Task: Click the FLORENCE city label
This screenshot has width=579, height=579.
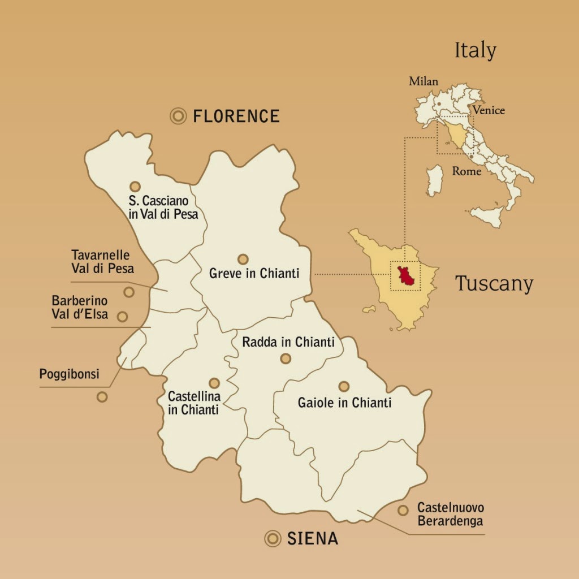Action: coord(236,116)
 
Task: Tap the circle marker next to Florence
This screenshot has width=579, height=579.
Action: coord(178,116)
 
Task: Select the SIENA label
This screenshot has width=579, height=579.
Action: coord(313,539)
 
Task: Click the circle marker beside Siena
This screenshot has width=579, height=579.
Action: coord(273,539)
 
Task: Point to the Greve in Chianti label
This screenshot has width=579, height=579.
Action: coord(254,274)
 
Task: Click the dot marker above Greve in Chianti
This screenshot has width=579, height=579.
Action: coord(243,259)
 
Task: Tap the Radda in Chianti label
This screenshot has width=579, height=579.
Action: coord(288,342)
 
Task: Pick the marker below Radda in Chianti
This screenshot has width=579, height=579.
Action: coord(286,358)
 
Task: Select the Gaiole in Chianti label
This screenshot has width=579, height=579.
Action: coord(344,403)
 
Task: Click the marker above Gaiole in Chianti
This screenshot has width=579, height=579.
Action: coord(344,386)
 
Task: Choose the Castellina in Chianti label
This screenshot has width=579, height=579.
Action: coord(194,403)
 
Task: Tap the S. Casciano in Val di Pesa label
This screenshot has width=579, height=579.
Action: coord(163,208)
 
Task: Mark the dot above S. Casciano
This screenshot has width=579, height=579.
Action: coord(135,186)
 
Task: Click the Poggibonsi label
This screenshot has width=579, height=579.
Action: coord(69,374)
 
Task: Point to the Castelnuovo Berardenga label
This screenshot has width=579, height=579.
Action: coord(451,514)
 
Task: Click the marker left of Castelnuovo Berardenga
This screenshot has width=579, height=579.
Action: coord(403,510)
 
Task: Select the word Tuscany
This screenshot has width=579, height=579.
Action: coord(494,283)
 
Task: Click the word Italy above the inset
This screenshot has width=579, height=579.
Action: coord(476,51)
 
